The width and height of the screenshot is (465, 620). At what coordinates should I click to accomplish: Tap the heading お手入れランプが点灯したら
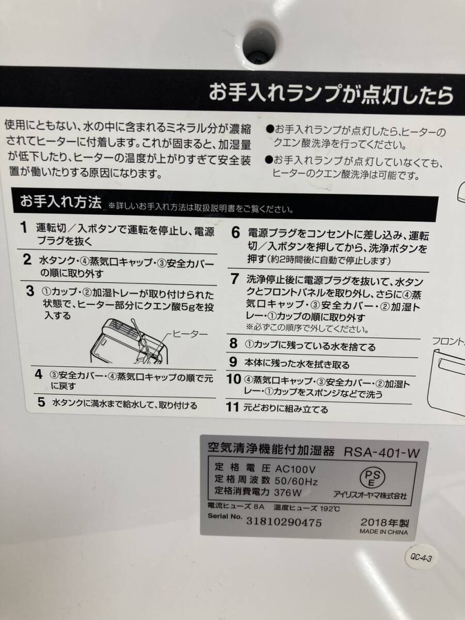(x=331, y=96)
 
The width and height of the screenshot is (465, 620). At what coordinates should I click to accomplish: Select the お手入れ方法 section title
(x=60, y=202)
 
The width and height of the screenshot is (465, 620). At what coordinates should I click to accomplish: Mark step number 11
(x=233, y=407)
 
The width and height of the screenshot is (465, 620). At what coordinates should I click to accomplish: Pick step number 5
(x=41, y=402)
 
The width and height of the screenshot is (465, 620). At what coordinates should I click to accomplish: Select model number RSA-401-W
(x=381, y=452)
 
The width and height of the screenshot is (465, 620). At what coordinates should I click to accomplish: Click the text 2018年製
(x=384, y=521)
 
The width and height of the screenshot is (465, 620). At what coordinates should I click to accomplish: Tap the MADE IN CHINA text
(x=384, y=532)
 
